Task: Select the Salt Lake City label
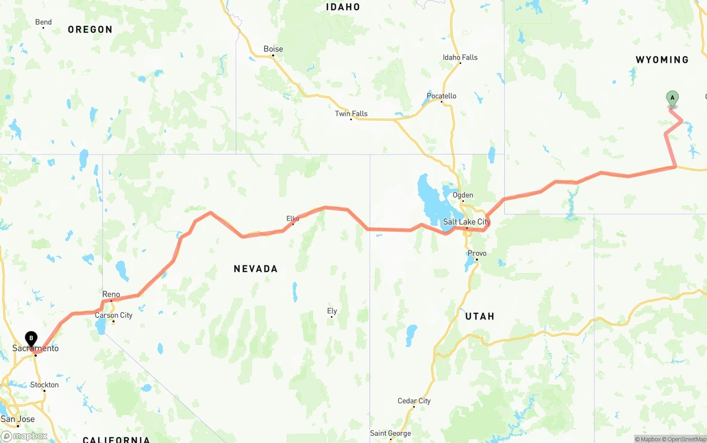click(467, 222)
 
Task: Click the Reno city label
click(111, 295)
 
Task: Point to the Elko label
click(293, 219)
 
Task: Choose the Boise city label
click(273, 49)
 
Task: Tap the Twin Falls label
click(351, 114)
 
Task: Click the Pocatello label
click(441, 96)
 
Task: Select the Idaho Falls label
click(460, 57)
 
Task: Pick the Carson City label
click(114, 316)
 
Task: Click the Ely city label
click(332, 311)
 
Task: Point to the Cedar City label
click(414, 401)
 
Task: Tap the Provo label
click(477, 253)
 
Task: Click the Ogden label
click(463, 195)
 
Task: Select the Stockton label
click(45, 385)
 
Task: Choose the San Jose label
click(18, 419)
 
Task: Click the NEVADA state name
click(256, 269)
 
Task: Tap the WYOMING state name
click(662, 60)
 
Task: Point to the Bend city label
click(44, 22)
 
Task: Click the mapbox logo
click(24, 436)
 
